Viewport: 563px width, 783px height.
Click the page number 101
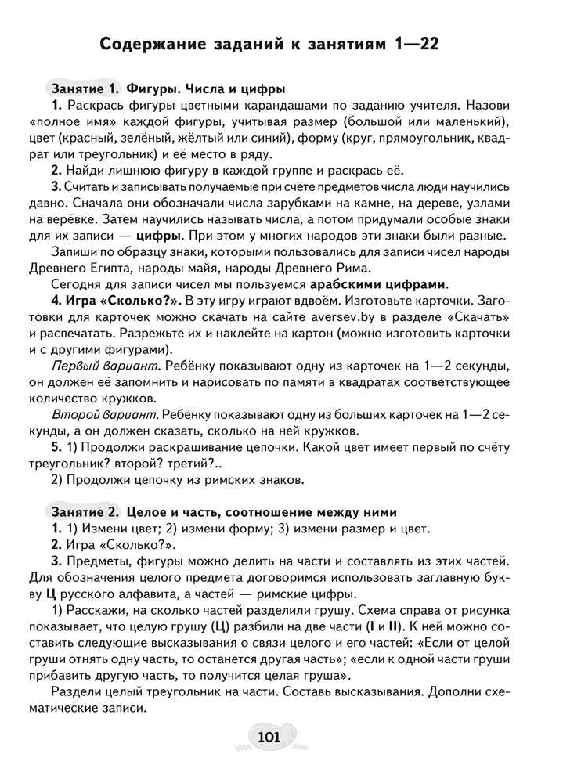[x=268, y=737]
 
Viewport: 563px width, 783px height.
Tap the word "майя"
[x=222, y=267]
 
